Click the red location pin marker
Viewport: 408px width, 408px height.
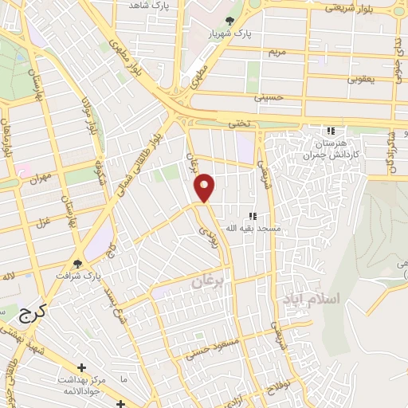pyautogui.click(x=206, y=186)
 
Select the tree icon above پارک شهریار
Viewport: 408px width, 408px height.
pyautogui.click(x=230, y=21)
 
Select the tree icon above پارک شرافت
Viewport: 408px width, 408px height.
pyautogui.click(x=77, y=263)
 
